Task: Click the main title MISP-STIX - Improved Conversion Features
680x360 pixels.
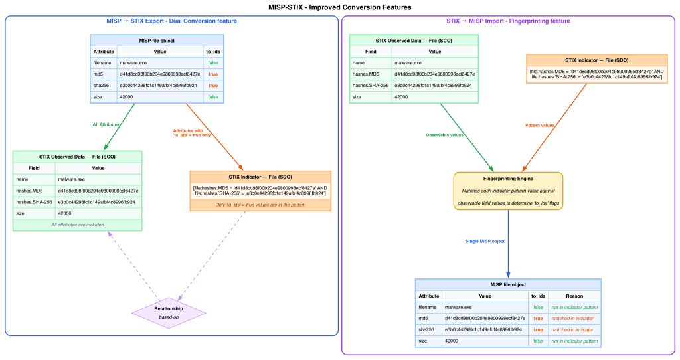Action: click(340, 7)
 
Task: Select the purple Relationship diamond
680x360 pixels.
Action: click(169, 313)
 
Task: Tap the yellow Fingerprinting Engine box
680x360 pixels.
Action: click(508, 191)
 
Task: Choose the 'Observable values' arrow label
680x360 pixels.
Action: click(445, 135)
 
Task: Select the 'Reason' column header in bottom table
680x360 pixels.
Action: click(574, 296)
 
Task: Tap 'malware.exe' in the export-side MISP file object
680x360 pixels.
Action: click(133, 62)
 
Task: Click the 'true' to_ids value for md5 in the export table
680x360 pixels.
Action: click(213, 74)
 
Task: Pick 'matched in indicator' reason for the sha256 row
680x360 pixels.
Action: click(572, 330)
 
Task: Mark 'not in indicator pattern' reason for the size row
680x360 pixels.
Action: click(574, 341)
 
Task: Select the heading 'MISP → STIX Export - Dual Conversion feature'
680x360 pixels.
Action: click(171, 21)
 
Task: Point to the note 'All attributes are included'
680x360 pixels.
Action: click(78, 225)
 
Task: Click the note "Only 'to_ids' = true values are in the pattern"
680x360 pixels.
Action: click(260, 205)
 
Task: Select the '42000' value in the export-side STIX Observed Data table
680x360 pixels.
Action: click(64, 213)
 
